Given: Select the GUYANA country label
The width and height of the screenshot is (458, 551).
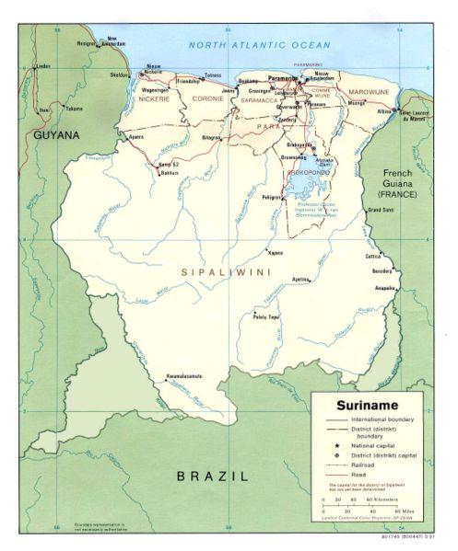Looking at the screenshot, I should (x=54, y=135).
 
